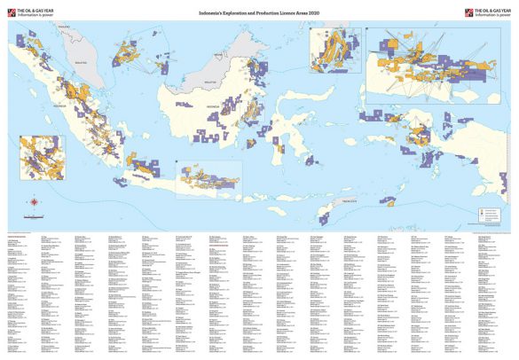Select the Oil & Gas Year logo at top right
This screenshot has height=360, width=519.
click(x=490, y=12)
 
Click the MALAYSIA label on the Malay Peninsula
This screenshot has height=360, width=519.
click(x=83, y=64)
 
